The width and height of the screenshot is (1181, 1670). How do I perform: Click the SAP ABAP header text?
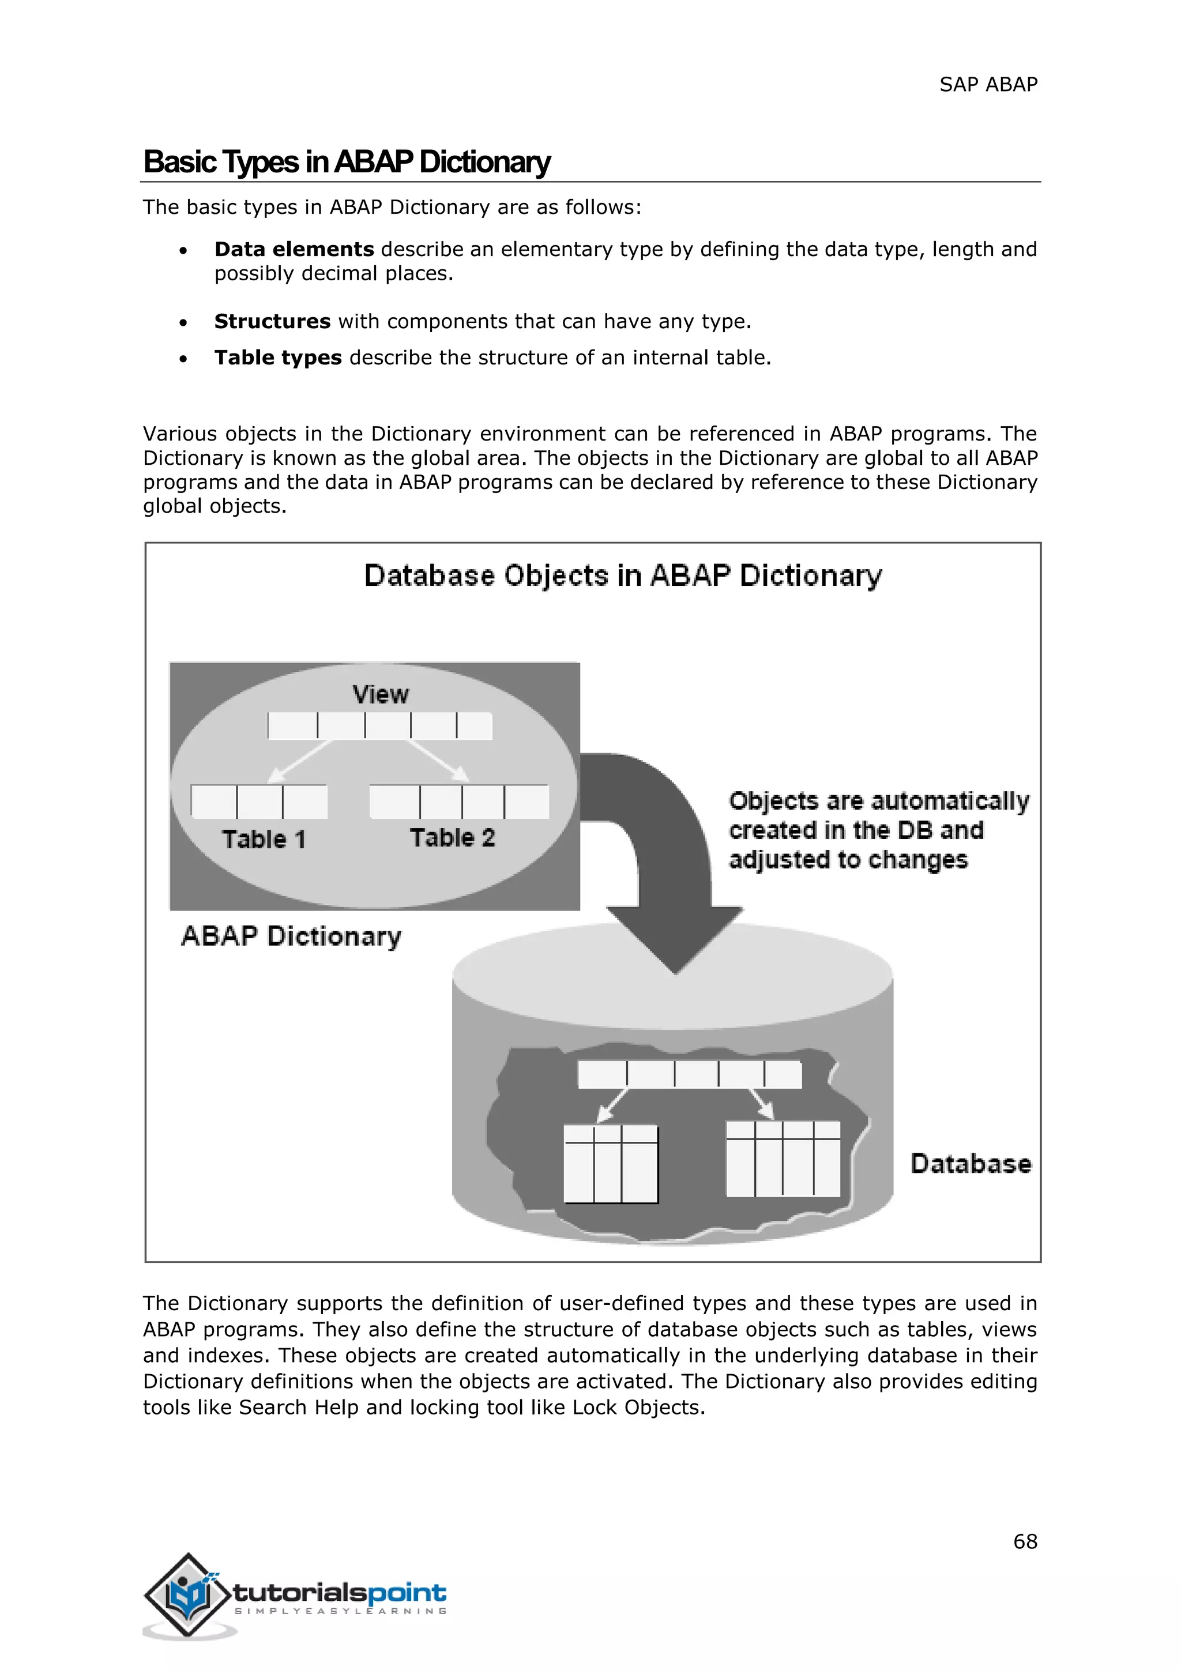(x=988, y=85)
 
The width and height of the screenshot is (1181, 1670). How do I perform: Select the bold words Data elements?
(x=294, y=250)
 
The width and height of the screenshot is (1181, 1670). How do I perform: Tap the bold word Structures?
(x=272, y=322)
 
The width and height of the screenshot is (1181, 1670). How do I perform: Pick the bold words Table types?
(x=278, y=358)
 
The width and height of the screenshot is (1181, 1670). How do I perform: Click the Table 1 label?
(x=264, y=840)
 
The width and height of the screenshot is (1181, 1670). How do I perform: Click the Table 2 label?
(x=452, y=838)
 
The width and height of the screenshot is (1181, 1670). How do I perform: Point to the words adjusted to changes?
(x=848, y=860)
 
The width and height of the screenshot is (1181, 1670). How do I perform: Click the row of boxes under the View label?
(x=379, y=726)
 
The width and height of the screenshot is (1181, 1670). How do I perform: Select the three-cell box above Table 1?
(x=259, y=801)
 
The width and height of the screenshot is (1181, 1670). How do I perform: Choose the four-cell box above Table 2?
(x=459, y=801)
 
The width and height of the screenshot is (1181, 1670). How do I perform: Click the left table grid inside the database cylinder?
(x=610, y=1164)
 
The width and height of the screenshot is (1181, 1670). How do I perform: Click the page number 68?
(x=1025, y=1541)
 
